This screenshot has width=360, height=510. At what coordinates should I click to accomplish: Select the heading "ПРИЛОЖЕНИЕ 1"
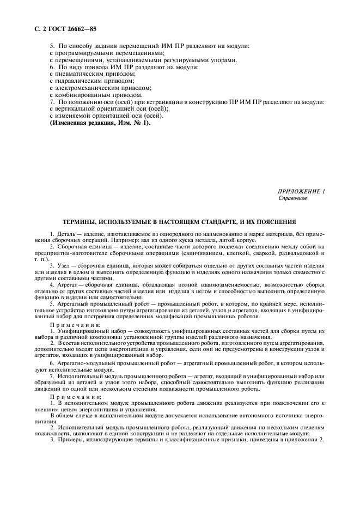[301, 191]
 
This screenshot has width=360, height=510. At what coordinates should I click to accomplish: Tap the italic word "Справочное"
[292, 198]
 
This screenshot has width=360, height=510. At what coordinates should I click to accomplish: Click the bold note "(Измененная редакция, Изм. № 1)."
[100, 123]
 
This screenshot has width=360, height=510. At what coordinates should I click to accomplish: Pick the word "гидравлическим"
[76, 81]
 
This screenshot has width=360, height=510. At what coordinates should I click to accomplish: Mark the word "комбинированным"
[80, 95]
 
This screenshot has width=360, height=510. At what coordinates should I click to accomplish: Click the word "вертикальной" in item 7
[74, 109]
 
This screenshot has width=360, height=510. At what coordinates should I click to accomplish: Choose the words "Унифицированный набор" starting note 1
[88, 331]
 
